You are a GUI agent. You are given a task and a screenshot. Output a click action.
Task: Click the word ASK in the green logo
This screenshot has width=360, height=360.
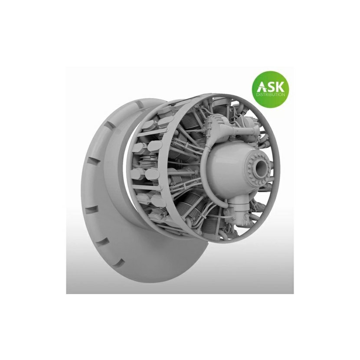pyautogui.click(x=271, y=87)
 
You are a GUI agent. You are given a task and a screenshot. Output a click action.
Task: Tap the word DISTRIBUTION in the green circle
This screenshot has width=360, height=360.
pyautogui.click(x=271, y=95)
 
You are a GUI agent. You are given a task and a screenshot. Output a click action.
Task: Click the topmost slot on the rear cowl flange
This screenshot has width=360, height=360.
pyautogui.click(x=140, y=105)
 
